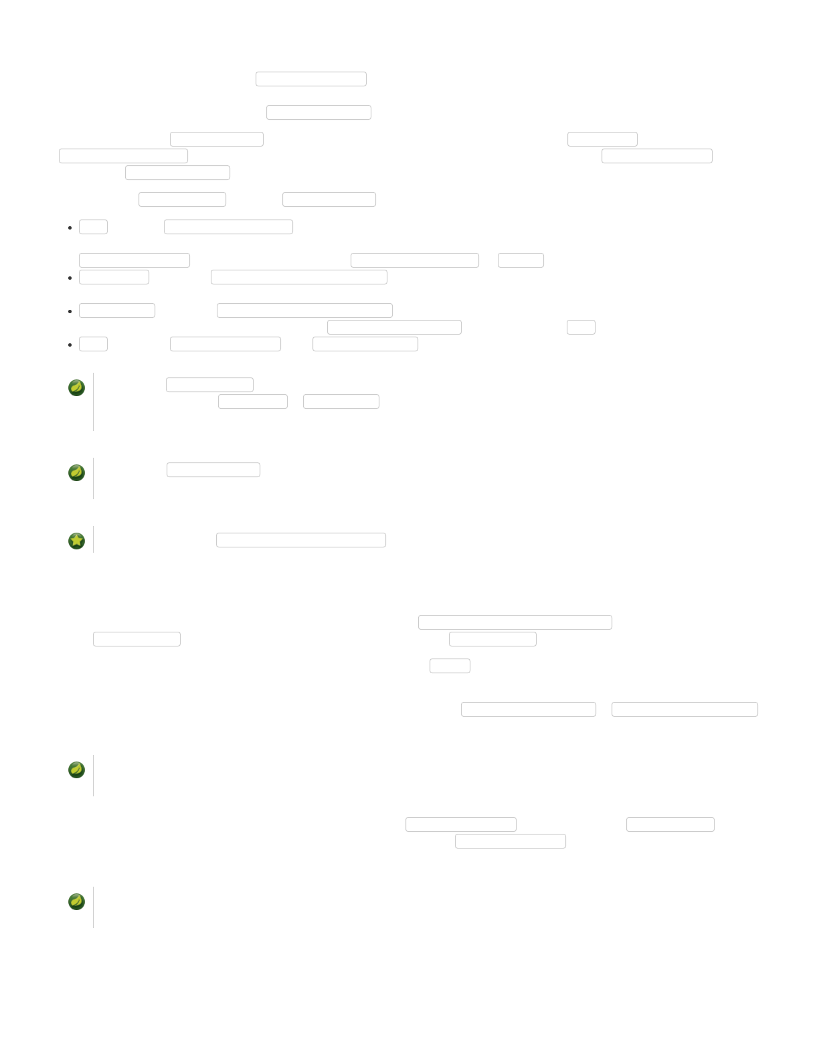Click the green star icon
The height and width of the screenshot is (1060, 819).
point(77,541)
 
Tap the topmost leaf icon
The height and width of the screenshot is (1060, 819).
point(77,387)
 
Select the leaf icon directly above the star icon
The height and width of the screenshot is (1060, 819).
point(77,472)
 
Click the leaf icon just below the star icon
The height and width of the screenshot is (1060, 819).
point(77,770)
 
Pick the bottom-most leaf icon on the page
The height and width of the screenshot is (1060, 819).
point(77,901)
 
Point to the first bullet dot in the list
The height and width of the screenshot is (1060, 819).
point(70,228)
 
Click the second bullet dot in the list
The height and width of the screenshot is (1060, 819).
point(70,278)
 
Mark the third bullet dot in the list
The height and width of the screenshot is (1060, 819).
point(70,311)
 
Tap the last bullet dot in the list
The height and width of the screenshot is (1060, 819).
point(70,345)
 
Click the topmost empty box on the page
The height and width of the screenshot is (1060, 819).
point(311,79)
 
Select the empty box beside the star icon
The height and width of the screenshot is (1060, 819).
point(301,540)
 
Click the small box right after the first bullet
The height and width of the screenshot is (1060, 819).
point(93,227)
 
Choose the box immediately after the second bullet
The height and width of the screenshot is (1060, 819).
point(114,277)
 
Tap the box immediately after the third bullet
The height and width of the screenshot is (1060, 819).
point(117,311)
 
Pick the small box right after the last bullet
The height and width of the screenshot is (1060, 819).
point(93,344)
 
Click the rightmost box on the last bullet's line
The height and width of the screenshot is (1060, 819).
point(365,344)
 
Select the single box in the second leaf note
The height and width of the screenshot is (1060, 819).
point(213,470)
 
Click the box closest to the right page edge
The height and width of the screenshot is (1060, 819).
point(685,709)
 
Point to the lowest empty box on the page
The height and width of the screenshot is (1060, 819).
point(511,841)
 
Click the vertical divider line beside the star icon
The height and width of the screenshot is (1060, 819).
point(94,540)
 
